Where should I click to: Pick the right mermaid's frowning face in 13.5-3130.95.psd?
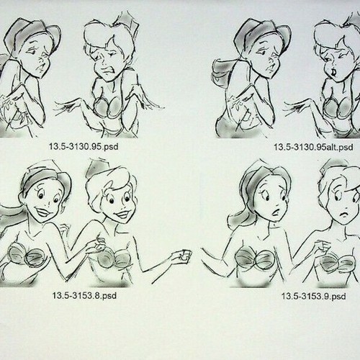coord(102,58)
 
